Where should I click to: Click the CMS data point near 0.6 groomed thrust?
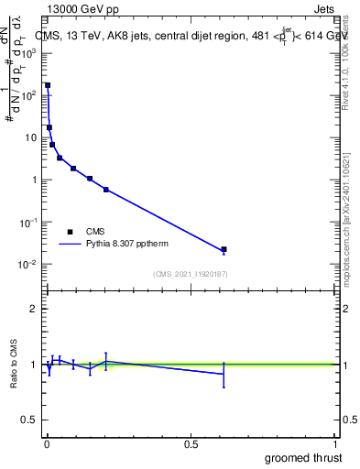(224, 249)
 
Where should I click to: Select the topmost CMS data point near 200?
(48, 85)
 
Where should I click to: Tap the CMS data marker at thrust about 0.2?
(106, 190)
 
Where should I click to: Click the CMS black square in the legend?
(70, 232)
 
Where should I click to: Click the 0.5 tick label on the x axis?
(191, 443)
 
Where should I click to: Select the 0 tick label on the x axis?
(47, 443)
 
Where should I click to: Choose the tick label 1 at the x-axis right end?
(335, 443)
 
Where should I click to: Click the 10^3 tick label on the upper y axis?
(29, 52)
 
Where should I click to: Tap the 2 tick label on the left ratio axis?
(34, 309)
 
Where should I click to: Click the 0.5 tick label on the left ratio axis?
(30, 421)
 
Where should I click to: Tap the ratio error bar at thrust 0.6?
(224, 374)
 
